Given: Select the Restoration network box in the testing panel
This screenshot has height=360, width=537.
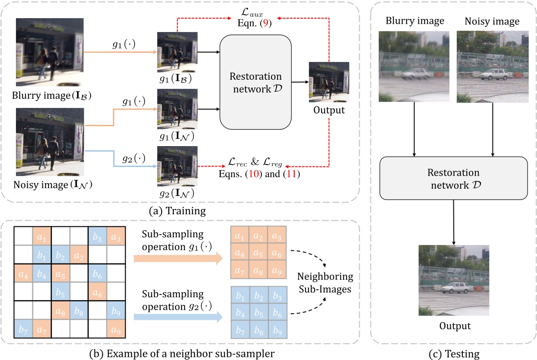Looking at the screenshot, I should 453,178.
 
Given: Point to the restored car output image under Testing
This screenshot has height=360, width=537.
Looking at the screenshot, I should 454,280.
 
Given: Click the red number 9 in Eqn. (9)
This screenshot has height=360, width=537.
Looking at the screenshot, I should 268,24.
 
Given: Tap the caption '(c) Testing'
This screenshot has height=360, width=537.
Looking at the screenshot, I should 454,354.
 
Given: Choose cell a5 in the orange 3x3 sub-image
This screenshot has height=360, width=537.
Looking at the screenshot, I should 258,252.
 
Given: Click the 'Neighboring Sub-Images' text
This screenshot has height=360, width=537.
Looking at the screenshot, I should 325,282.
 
